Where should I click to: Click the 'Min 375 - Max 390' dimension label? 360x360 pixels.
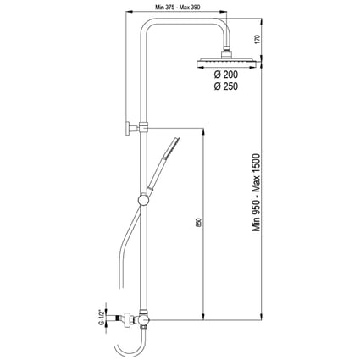178,8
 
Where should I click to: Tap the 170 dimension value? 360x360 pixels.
257,39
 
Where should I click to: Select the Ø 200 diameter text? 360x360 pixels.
226,75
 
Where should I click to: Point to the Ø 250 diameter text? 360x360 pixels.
226,86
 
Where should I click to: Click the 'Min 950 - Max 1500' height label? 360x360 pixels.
257,192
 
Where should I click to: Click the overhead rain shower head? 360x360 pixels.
227,64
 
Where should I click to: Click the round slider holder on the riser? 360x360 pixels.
143,200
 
